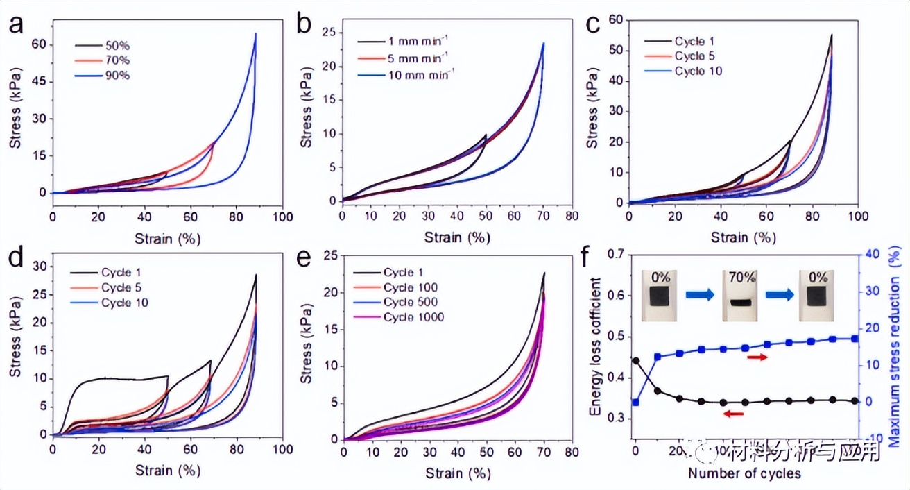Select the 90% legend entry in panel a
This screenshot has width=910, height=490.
coord(118,74)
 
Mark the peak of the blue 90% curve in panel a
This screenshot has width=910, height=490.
coord(256,33)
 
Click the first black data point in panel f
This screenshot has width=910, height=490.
coord(635,360)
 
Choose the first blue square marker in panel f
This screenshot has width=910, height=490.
coord(635,402)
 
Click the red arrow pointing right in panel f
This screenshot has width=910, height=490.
coord(757,357)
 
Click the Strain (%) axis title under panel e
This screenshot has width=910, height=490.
coord(458,474)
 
